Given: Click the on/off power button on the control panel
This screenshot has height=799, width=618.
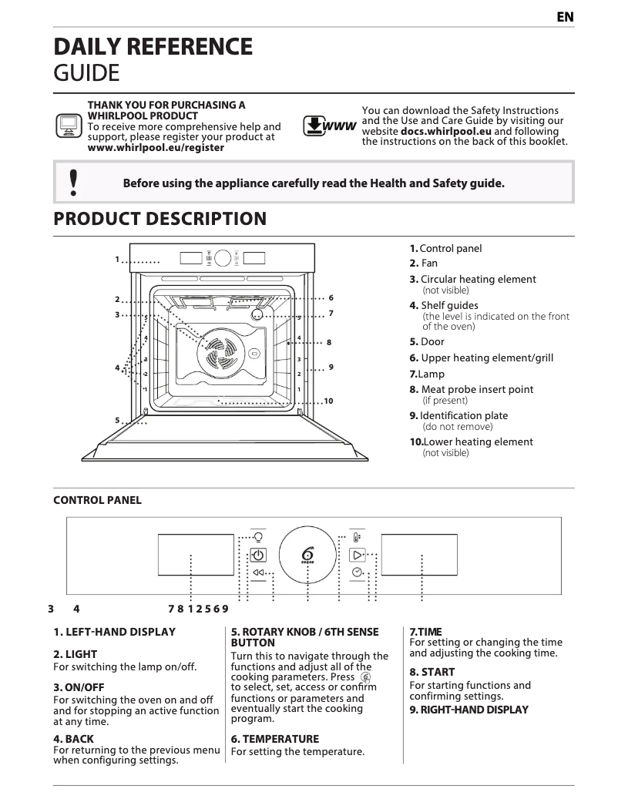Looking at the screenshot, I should pos(259,555).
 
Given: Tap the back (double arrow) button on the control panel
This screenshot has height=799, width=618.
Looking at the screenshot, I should pos(259,572).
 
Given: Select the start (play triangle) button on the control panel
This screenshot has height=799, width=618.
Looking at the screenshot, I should pos(357,555).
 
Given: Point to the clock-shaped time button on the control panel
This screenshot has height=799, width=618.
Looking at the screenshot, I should pos(357,572).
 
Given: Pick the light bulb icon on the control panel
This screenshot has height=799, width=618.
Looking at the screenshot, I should pos(259,537).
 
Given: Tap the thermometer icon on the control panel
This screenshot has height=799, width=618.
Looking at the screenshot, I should pos(356,538).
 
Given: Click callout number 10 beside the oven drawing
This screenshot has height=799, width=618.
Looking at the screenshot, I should pos(328,401).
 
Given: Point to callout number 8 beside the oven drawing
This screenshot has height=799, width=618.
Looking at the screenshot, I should pos(329,342).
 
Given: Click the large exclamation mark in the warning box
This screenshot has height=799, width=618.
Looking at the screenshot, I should pos(73,183).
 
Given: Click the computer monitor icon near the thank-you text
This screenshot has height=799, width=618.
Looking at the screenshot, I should pos(68,125).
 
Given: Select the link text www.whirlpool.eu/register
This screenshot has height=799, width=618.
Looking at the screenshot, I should pos(156,147).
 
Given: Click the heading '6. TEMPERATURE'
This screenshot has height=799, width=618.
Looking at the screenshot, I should pos(274,739).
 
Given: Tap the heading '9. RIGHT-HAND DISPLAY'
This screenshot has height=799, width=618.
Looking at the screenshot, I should pos(469,710).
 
